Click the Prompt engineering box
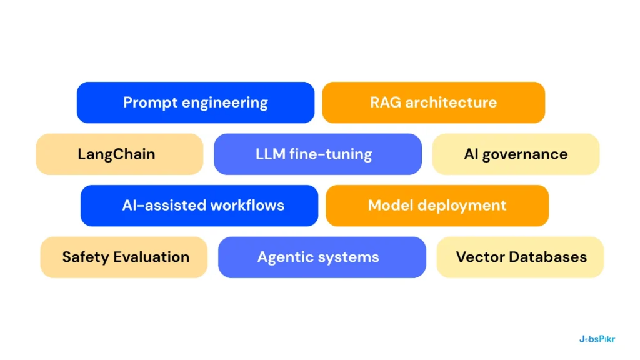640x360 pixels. pos(195,102)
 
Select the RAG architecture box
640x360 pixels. pos(433,102)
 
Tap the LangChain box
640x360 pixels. pos(119,154)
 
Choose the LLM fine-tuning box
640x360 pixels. pos(317,154)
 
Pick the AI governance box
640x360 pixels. pos(516,154)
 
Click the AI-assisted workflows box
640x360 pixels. pos(199,206)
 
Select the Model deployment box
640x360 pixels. pos(437,206)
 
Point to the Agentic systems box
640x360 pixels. pos(322,257)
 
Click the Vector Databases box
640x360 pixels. pos(520,257)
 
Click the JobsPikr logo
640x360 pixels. pos(597,339)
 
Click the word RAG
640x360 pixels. pos(386,102)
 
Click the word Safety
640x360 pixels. pos(83,257)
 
